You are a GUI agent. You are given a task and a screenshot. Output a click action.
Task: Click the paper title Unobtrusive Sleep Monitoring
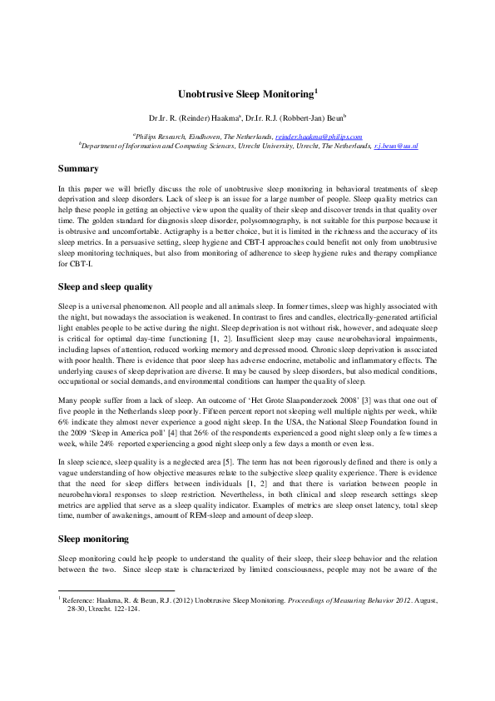click(x=247, y=96)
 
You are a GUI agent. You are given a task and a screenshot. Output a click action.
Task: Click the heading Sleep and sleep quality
click(x=105, y=286)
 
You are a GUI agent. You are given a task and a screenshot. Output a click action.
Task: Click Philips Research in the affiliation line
click(x=161, y=135)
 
